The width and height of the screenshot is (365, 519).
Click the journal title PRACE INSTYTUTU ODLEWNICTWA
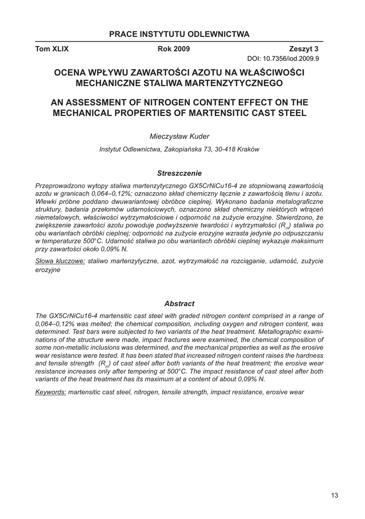pyautogui.click(x=179, y=34)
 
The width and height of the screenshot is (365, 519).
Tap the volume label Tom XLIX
pyautogui.click(x=52, y=49)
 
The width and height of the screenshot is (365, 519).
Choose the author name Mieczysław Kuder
pyautogui.click(x=179, y=136)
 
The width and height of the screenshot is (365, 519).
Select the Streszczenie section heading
pyautogui.click(x=179, y=173)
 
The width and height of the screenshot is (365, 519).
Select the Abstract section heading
pyautogui.click(x=179, y=304)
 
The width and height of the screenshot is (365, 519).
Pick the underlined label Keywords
pyautogui.click(x=51, y=392)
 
